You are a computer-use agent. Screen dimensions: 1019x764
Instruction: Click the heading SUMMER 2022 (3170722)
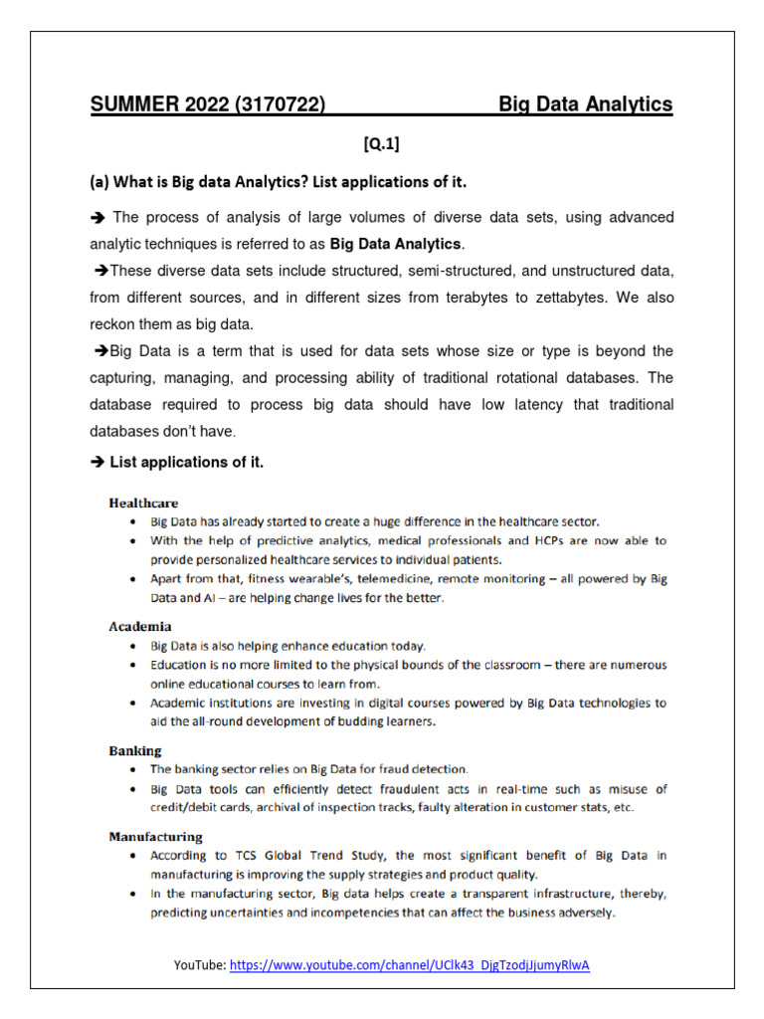click(208, 104)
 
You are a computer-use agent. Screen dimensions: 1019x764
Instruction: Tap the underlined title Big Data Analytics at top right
click(585, 104)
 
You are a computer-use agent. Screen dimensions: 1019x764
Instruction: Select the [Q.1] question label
click(381, 145)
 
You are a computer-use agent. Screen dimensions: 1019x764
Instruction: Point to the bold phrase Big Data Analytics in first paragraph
click(396, 244)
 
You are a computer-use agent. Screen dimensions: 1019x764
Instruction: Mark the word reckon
click(115, 324)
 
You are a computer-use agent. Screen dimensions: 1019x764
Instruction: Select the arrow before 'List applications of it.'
click(97, 462)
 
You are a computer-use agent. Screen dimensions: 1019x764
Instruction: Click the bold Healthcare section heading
click(143, 504)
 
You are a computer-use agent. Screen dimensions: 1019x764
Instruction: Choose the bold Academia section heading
click(139, 627)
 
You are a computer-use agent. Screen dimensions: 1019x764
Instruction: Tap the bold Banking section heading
click(135, 750)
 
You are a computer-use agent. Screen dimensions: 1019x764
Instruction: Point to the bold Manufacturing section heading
click(155, 837)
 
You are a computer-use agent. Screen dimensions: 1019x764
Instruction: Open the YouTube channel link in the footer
click(409, 965)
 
